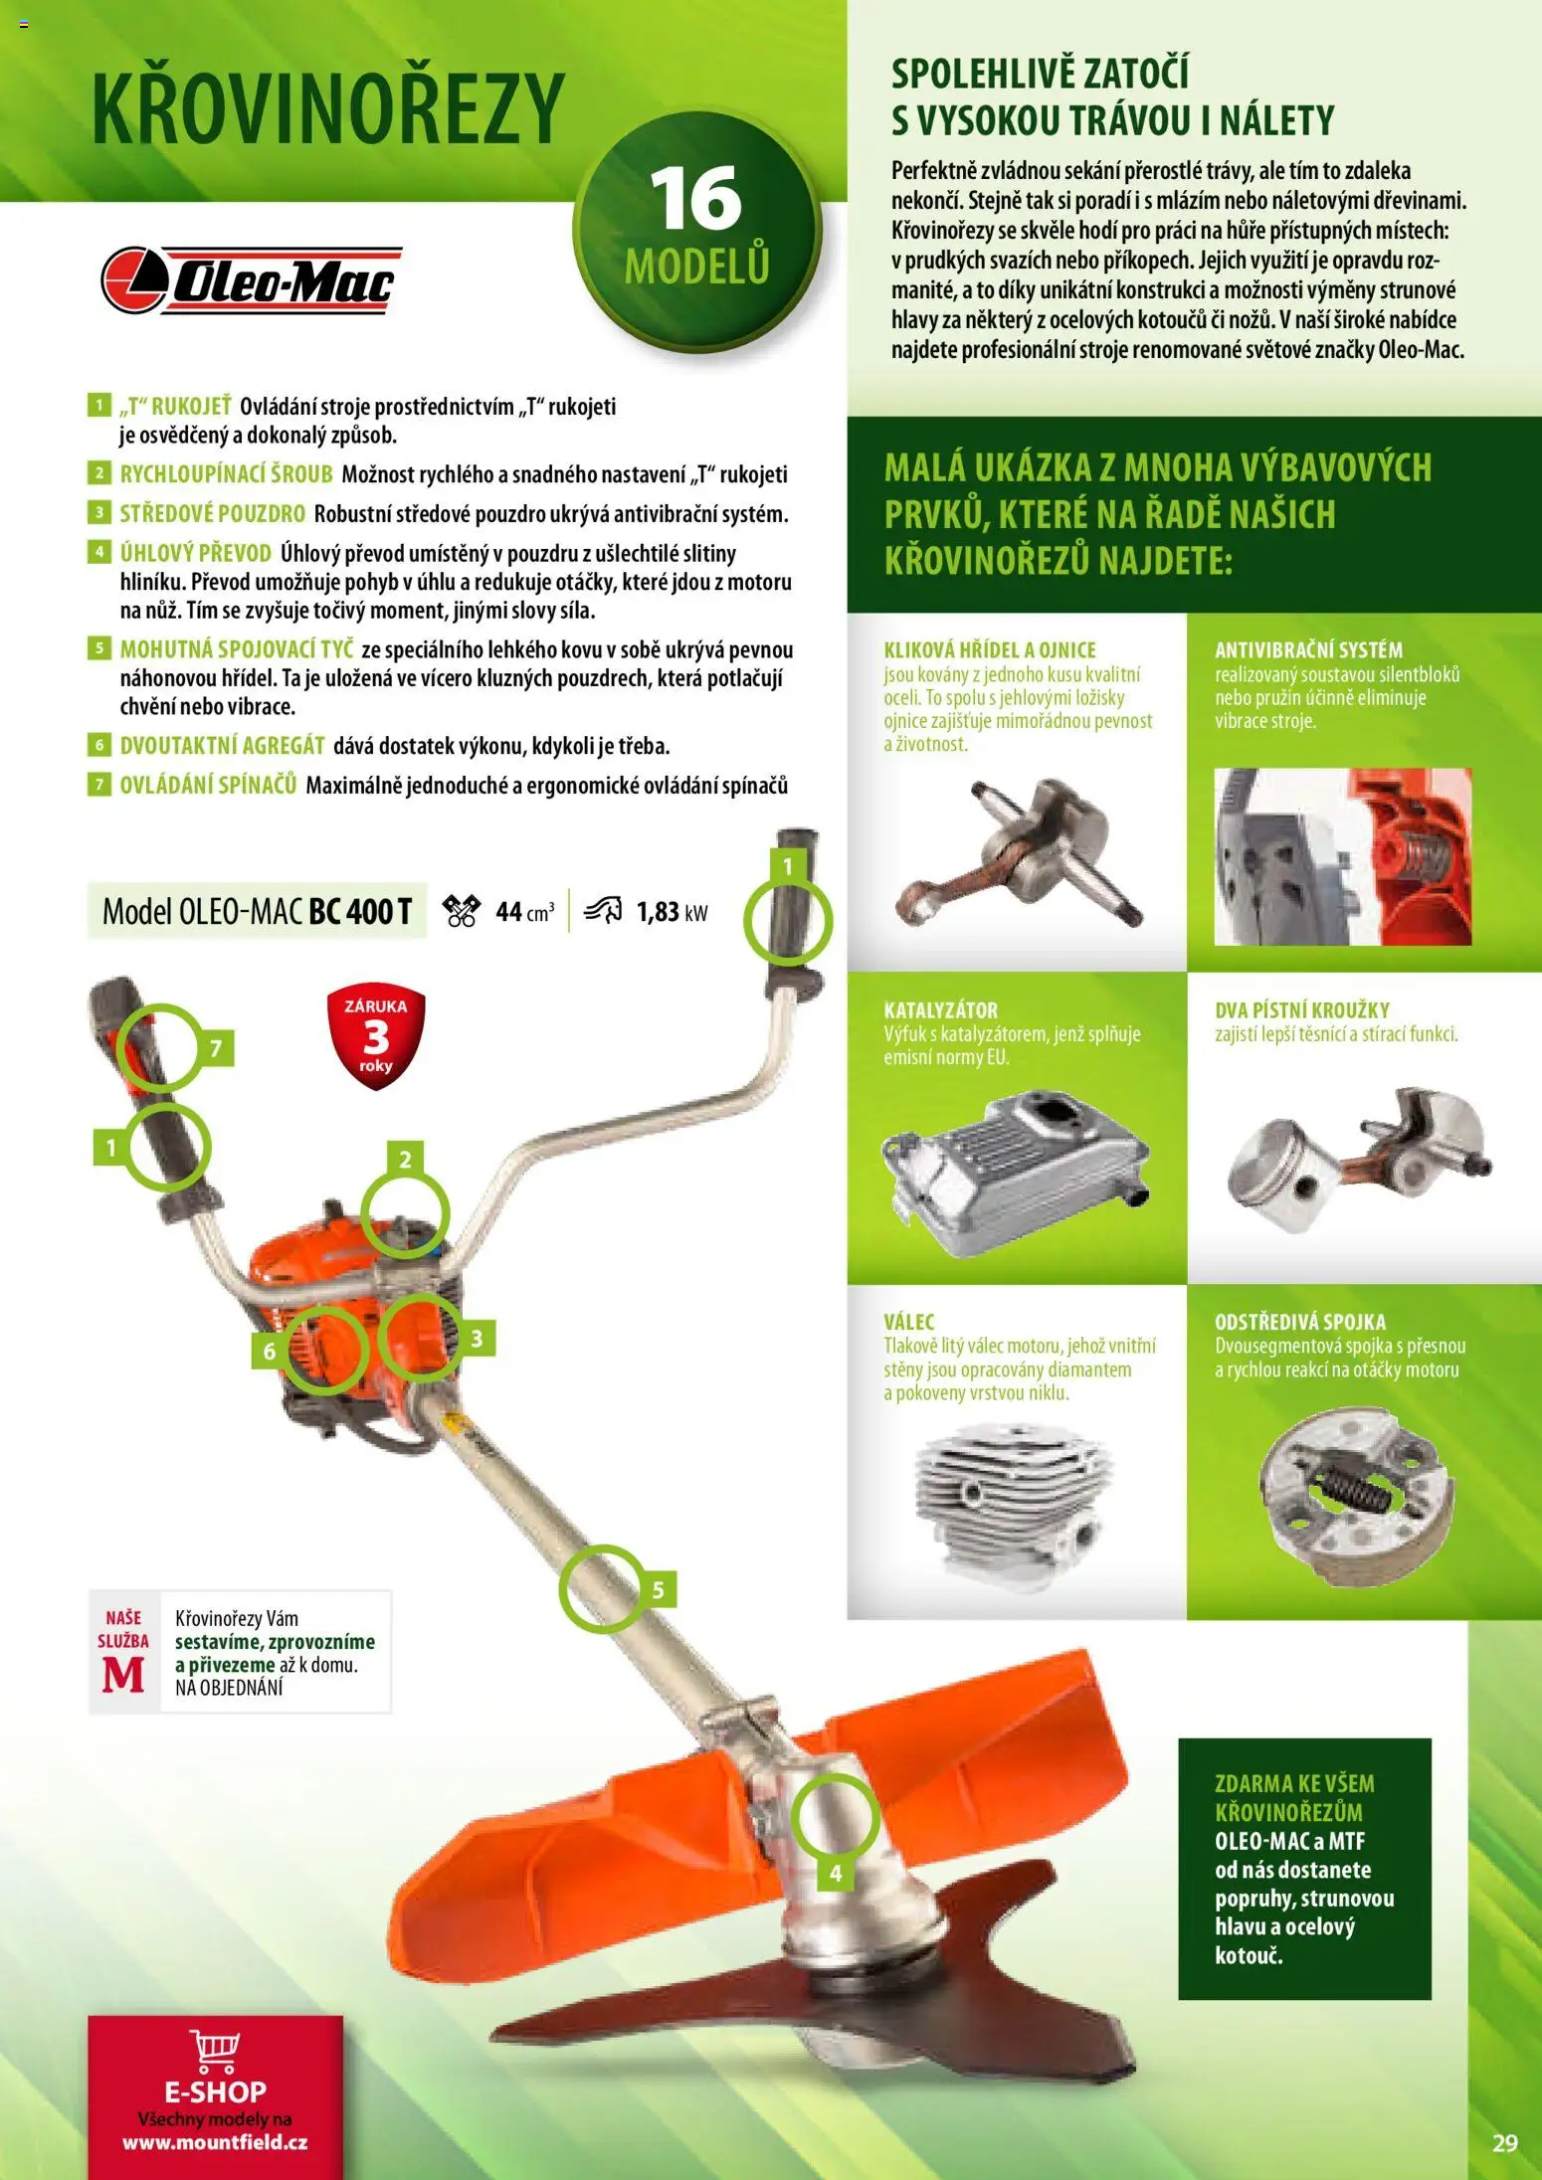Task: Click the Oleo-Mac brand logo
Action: (251, 280)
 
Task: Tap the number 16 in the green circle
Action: (695, 199)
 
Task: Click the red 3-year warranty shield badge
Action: (375, 1037)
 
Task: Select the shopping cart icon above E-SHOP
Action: (215, 2050)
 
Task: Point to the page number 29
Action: (1505, 2142)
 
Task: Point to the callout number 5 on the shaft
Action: (658, 1590)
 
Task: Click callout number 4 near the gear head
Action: (835, 1874)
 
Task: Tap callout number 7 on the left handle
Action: (216, 1047)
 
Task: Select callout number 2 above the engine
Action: (405, 1159)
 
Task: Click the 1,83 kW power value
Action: (672, 912)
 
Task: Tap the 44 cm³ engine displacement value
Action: (524, 912)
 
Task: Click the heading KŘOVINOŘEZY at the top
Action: (328, 108)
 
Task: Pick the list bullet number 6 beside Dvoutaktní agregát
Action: (98, 745)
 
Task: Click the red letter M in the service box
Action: (123, 1675)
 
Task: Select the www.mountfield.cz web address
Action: (215, 2142)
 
